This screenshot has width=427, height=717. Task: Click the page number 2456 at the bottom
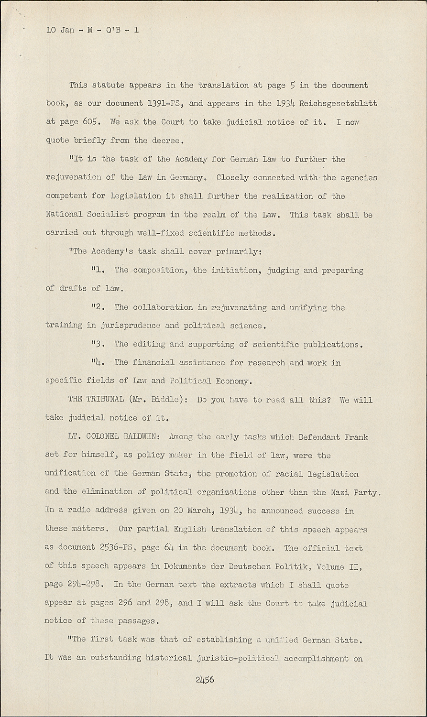pos(204,679)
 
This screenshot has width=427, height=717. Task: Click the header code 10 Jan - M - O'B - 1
pos(92,30)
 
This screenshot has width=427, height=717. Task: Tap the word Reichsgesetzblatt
pos(338,103)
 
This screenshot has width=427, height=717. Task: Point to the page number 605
pos(90,122)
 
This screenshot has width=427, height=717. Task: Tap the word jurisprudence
pos(131,326)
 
